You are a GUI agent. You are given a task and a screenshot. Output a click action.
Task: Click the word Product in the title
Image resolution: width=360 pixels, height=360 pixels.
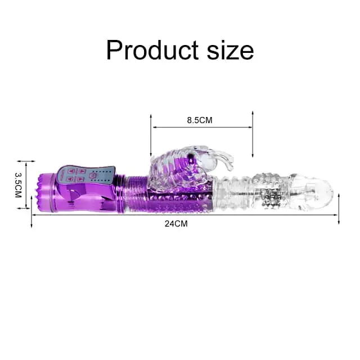click(x=150, y=50)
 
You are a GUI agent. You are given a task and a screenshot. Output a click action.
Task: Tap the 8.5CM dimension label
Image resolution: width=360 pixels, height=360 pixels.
click(x=199, y=120)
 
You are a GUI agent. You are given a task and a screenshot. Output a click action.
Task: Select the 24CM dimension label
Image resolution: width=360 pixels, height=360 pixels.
click(x=175, y=223)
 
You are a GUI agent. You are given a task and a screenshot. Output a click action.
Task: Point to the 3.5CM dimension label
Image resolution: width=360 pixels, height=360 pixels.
click(x=17, y=185)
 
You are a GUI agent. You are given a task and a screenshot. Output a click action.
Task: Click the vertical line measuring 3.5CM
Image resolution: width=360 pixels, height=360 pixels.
click(x=26, y=185)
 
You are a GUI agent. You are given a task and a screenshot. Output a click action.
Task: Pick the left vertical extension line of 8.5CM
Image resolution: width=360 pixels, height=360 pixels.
click(x=151, y=135)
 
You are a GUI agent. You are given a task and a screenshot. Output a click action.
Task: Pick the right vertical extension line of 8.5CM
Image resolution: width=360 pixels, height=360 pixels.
click(x=253, y=135)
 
